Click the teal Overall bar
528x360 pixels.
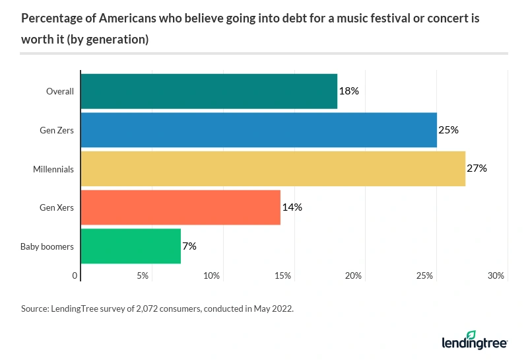click(209, 91)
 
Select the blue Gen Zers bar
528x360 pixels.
click(259, 130)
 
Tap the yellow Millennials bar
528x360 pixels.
click(273, 168)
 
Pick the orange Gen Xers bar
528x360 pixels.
click(180, 207)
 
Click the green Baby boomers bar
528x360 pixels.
click(131, 246)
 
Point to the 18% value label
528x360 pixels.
click(348, 91)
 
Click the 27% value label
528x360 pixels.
click(477, 168)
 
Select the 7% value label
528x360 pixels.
click(189, 246)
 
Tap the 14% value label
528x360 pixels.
click(292, 207)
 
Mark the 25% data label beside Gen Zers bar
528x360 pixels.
click(448, 130)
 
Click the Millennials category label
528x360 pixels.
click(53, 169)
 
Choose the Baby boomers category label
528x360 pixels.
click(47, 246)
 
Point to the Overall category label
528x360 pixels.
click(59, 91)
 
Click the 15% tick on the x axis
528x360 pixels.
click(282, 275)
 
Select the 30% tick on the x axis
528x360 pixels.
click(496, 275)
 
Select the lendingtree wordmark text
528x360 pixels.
click(474, 343)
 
